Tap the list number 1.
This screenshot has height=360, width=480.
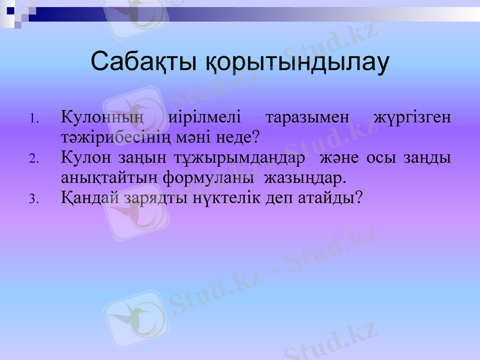[34, 118]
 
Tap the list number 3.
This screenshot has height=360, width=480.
[34, 199]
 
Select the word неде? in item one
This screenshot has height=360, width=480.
[238, 137]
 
